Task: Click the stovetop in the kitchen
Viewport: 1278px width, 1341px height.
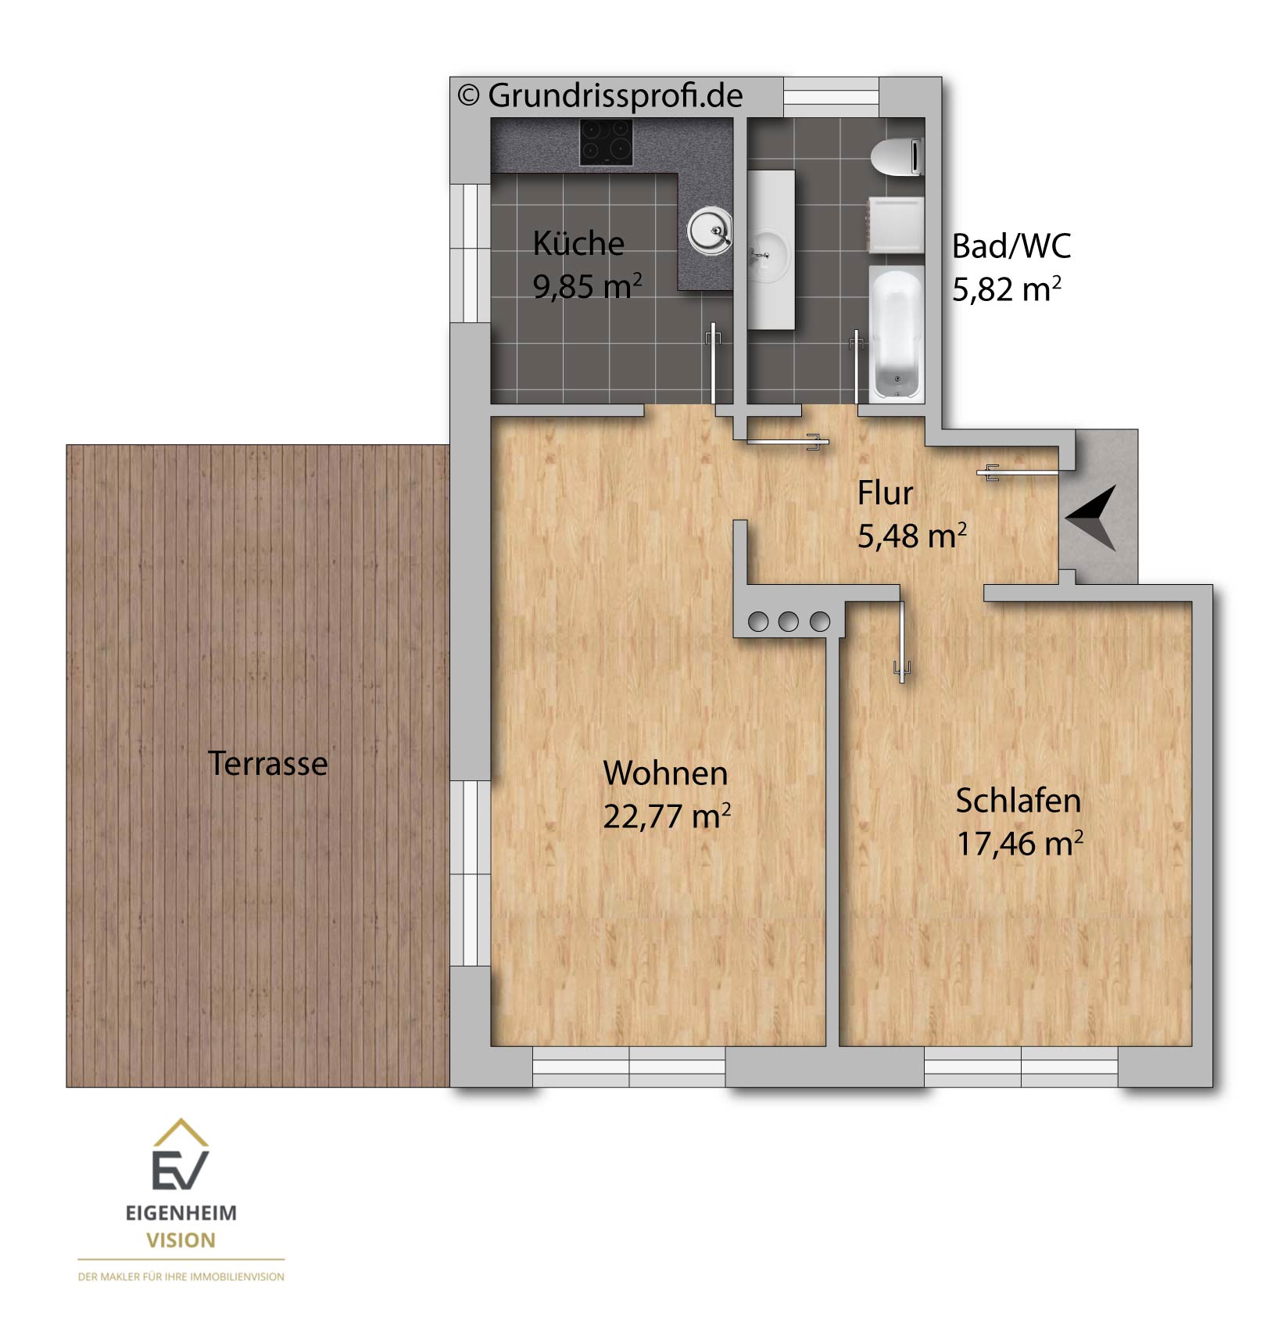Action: click(606, 142)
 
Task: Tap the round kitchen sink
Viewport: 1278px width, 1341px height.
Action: click(710, 231)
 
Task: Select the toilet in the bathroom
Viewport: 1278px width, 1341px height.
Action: click(897, 157)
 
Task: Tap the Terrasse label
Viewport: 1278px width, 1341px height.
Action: click(268, 763)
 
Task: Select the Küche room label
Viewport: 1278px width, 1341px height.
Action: click(578, 243)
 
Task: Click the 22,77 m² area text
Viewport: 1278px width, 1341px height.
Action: click(667, 816)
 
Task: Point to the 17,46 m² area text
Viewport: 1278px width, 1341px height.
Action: click(1020, 844)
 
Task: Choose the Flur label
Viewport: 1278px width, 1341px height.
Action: click(885, 493)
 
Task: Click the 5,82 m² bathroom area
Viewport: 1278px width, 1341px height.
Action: click(1007, 289)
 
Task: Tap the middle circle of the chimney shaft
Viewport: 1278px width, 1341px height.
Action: click(789, 622)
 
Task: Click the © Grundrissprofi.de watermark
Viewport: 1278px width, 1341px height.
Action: click(600, 95)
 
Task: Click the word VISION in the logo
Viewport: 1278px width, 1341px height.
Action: click(181, 1240)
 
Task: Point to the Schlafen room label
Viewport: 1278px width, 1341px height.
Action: click(1018, 801)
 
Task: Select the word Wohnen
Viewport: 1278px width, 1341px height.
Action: click(665, 773)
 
